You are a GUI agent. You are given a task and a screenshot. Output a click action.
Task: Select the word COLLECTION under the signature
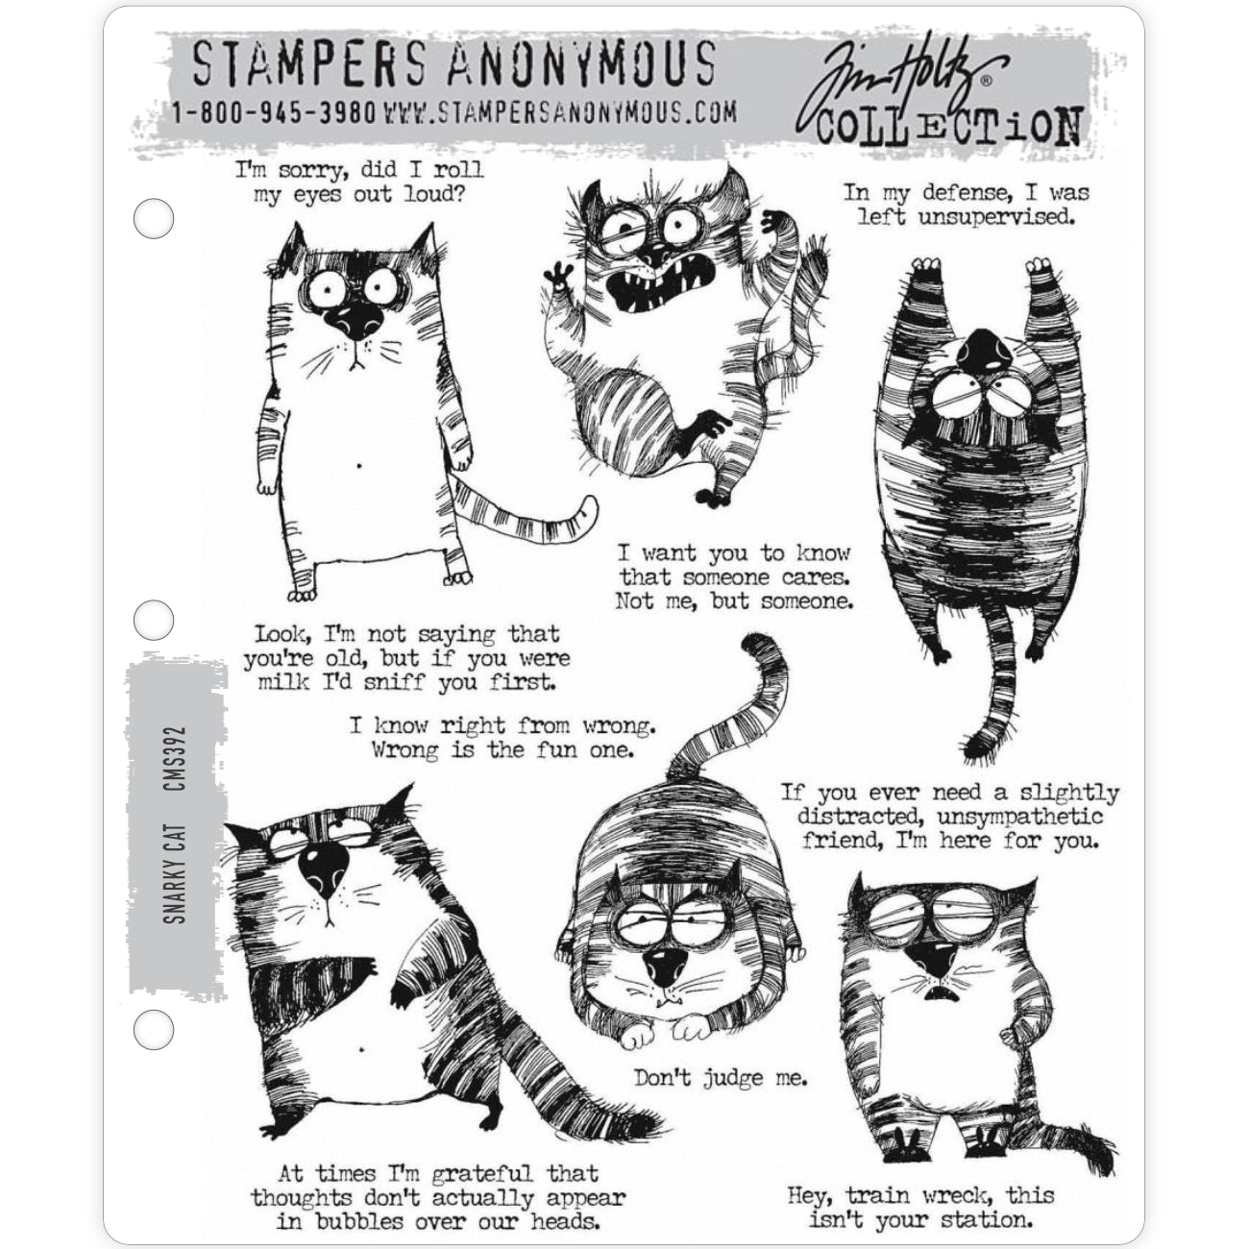948,126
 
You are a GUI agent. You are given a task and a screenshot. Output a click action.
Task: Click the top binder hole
154,218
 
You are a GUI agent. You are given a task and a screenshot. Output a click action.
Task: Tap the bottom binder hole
154,1029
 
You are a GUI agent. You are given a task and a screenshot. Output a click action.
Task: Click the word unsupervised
997,218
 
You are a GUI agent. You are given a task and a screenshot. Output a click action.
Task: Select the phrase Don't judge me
721,1079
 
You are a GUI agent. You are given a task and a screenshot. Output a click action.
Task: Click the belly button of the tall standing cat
359,465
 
